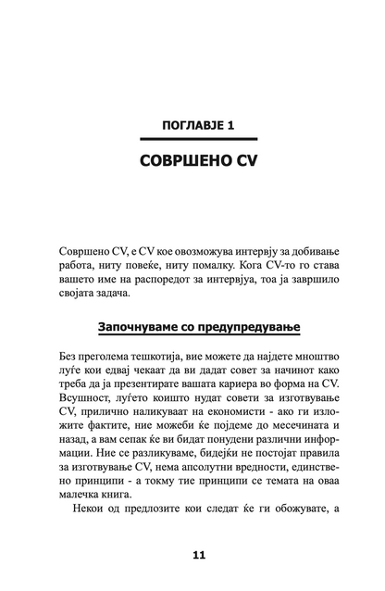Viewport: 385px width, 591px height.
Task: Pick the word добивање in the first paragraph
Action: click(307, 251)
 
